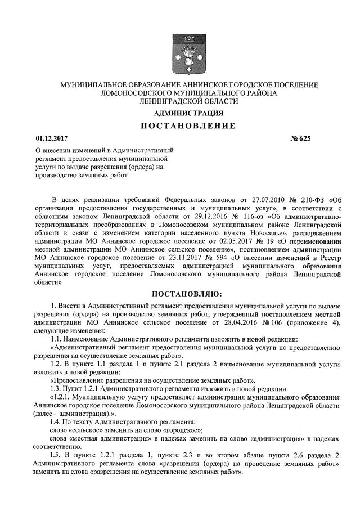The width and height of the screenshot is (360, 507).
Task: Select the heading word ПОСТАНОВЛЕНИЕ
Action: click(180, 125)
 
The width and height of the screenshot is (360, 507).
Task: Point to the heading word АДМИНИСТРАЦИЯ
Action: click(180, 113)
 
